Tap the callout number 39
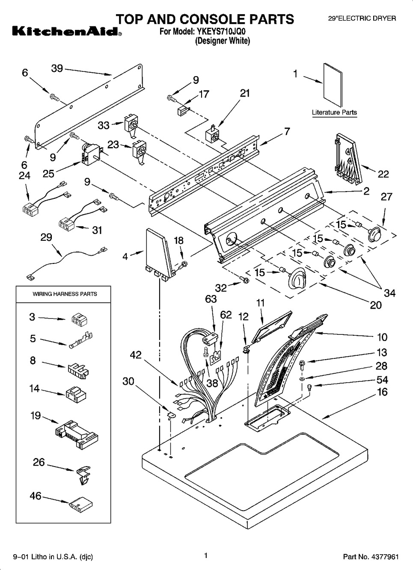[x=57, y=68]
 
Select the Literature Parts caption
[x=334, y=112]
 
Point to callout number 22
[x=383, y=174]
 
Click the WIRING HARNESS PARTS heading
[x=65, y=294]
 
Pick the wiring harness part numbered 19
[x=77, y=433]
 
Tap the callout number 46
[x=36, y=496]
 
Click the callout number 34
[x=389, y=293]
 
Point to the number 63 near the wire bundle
[x=211, y=299]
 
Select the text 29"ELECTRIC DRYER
[x=356, y=18]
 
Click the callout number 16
[x=382, y=392]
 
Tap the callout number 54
[x=382, y=380]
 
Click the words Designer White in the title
[x=223, y=41]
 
